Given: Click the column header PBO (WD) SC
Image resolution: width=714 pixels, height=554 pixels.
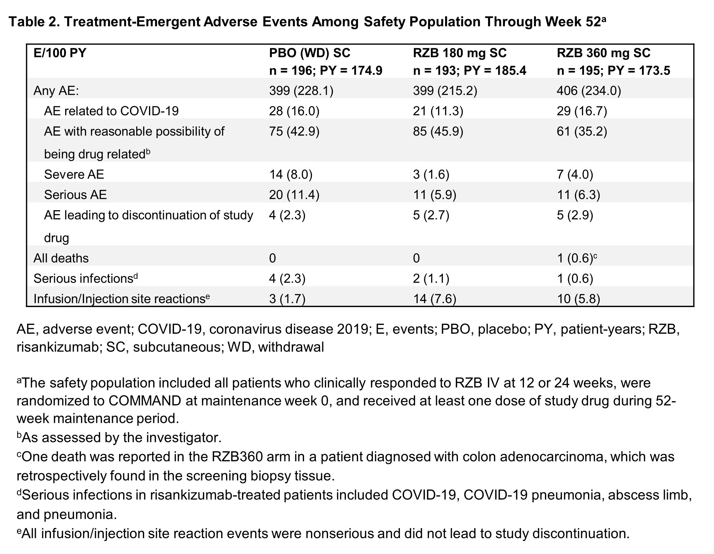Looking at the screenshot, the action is click(x=310, y=53).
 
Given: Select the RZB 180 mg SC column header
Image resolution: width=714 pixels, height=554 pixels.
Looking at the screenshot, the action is click(x=460, y=53).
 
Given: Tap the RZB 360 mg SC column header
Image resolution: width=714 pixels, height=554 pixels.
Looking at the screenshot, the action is click(x=604, y=53).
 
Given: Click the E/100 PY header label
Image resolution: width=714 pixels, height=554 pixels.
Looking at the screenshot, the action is click(x=60, y=53).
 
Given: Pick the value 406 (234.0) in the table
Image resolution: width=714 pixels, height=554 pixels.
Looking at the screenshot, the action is click(x=589, y=91).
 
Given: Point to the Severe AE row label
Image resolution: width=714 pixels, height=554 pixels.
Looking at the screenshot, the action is click(x=74, y=174).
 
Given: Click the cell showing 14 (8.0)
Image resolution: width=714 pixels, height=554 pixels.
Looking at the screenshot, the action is click(x=291, y=174).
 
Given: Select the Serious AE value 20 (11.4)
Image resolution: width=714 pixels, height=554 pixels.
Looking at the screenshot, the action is click(x=294, y=195).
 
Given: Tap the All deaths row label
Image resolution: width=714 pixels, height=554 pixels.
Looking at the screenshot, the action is click(x=61, y=258).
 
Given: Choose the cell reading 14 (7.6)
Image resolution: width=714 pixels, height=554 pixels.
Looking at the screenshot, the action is click(x=435, y=299).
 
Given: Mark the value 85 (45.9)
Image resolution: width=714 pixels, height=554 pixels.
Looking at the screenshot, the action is click(x=438, y=131).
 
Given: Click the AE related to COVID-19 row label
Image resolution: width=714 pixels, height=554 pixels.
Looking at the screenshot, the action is click(x=111, y=111).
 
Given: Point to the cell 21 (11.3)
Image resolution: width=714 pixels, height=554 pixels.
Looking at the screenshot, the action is click(x=438, y=111).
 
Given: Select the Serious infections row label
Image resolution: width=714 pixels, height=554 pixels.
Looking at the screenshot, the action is click(x=86, y=278).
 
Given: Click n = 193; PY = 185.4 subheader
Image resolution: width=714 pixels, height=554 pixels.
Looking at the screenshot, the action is click(x=469, y=71).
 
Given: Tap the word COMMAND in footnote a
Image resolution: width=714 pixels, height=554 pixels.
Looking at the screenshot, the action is click(x=145, y=401).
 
